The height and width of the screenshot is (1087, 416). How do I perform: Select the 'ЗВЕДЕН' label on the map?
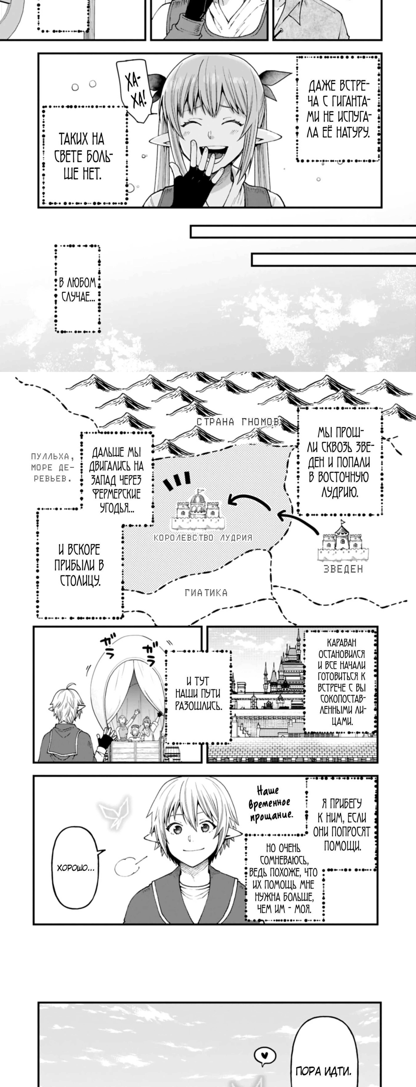tap(343, 569)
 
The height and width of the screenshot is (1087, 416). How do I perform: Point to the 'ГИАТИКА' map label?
tap(206, 593)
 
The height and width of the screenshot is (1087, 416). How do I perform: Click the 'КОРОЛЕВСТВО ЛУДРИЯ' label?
tap(203, 538)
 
